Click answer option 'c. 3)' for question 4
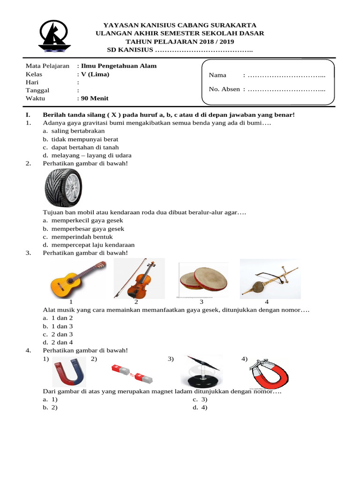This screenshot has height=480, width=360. (200, 399)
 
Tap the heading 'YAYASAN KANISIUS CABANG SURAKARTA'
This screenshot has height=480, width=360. (180, 25)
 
